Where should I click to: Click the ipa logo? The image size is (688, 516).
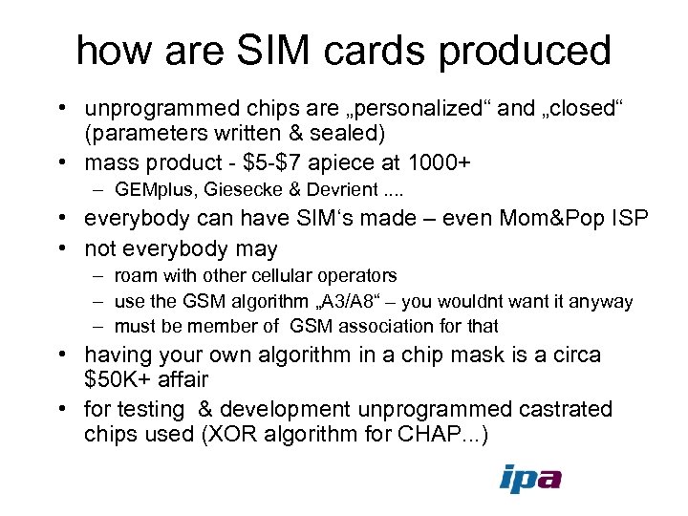pos(530,478)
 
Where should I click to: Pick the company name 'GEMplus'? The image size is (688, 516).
pos(150,189)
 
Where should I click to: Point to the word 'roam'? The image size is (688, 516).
pos(135,276)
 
